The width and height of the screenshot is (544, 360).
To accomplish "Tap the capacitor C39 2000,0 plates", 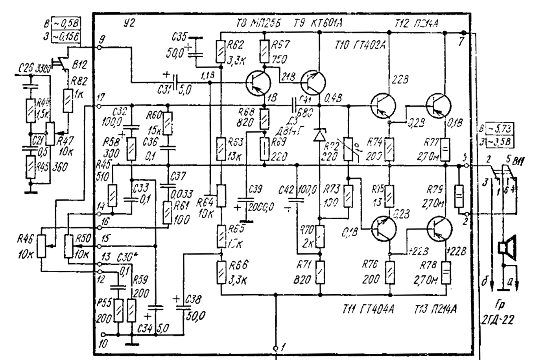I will tap(246, 201).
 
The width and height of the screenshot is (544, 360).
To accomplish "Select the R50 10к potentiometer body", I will tap(69, 246).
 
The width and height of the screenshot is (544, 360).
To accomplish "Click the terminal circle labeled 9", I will tap(99, 47).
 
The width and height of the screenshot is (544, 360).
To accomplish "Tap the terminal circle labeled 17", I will tap(99, 106).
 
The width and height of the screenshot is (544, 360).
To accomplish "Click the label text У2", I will tap(128, 23).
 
